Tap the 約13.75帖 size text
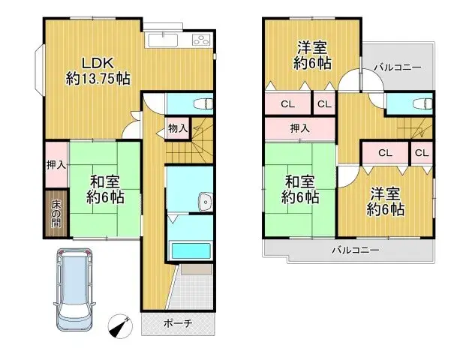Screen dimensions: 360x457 point(98,77)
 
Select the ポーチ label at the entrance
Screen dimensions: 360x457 point(178,324)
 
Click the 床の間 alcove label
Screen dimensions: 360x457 point(56,214)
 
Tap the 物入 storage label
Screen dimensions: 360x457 point(178,130)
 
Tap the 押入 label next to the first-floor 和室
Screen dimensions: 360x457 point(55,165)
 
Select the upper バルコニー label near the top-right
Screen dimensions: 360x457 point(398,68)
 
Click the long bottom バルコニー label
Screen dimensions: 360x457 point(356,250)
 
